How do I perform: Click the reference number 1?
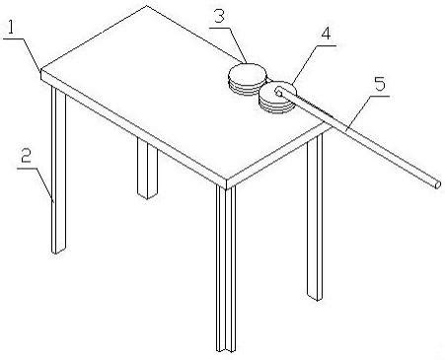pos(11,28)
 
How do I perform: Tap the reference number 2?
pos(26,155)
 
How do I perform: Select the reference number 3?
pos(219,17)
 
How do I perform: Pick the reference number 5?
pos(380,84)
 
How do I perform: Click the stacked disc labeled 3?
pos(247,79)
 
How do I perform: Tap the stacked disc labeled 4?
pos(277,98)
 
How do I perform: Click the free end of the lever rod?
pos(437,185)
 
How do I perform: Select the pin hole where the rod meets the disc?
pos(278,92)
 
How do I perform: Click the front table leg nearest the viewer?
pos(226,269)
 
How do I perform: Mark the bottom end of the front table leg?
pos(227,352)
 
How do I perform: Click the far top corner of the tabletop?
pos(147,6)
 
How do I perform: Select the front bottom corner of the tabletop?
pos(227,188)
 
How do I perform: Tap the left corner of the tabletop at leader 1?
pos(40,70)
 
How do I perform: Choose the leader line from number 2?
pos(36,185)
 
